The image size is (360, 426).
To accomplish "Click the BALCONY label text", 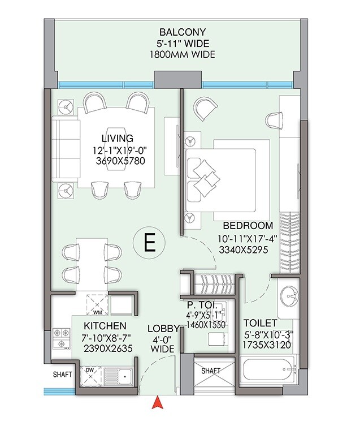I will (x=182, y=32).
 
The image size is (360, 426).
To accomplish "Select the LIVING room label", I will (x=118, y=138).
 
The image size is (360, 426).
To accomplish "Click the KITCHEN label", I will (x=105, y=326).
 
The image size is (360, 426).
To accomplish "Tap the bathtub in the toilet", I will (x=269, y=372).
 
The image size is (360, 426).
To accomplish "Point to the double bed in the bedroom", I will (x=220, y=175).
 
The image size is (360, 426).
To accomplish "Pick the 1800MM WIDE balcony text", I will (x=182, y=55).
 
